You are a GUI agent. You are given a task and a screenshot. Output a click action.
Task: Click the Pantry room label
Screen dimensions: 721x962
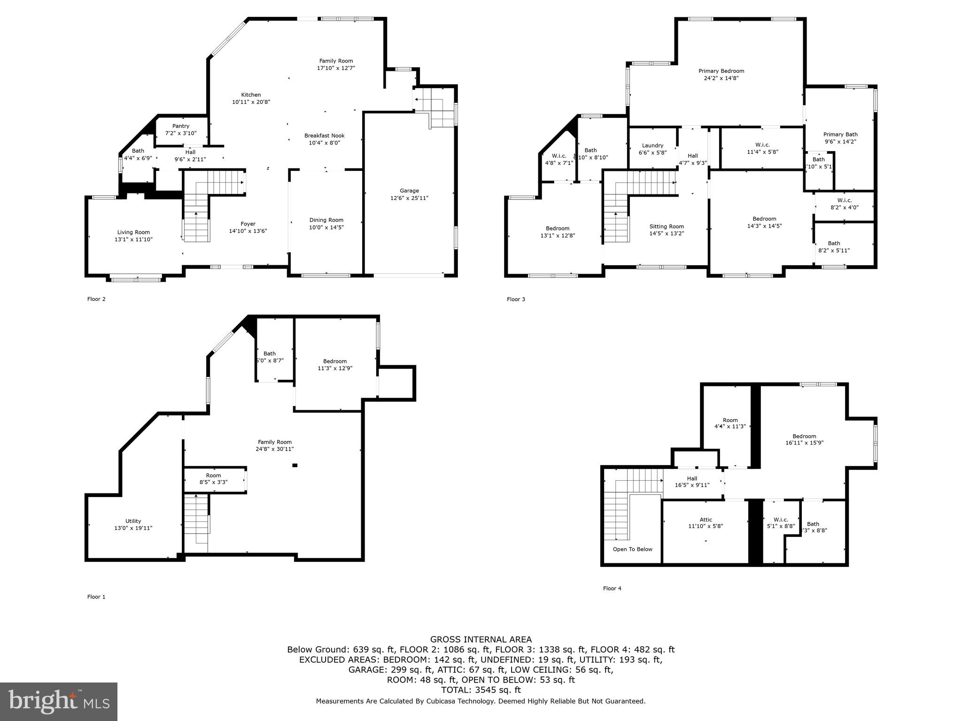tap(181, 126)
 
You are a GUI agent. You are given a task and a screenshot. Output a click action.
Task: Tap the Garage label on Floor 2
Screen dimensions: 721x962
tap(409, 191)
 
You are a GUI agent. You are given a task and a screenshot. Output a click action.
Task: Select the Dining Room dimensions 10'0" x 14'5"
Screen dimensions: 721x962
tap(326, 227)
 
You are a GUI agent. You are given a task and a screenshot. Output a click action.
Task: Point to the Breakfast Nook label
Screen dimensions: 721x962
tap(324, 135)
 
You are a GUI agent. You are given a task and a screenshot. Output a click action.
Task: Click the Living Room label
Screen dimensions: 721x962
tap(133, 232)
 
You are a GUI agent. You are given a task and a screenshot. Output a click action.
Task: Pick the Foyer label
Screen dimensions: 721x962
tap(248, 224)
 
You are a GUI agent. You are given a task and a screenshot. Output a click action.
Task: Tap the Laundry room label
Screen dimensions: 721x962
tap(652, 146)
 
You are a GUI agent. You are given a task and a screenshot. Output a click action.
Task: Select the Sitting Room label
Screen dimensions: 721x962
tap(667, 226)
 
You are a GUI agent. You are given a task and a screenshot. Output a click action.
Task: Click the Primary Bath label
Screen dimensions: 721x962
tap(840, 134)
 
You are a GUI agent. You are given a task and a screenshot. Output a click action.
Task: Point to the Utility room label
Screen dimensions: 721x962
tap(133, 521)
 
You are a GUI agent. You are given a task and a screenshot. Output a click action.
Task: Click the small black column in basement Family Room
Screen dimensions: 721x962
tap(295, 465)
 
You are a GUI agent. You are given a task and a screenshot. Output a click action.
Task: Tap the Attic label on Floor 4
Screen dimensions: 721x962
tap(706, 519)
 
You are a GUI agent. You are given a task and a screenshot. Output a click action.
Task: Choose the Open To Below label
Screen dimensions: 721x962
tap(632, 549)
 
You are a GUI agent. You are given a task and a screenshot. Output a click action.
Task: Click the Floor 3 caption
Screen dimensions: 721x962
tap(516, 299)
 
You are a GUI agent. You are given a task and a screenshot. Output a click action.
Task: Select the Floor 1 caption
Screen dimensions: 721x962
tap(96, 597)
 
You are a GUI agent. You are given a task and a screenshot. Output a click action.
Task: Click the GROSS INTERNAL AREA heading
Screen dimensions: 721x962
tap(481, 639)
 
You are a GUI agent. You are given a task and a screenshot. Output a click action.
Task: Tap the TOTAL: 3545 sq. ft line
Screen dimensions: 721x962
tap(481, 690)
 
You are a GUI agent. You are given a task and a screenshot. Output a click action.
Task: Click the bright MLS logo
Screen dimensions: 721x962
tap(59, 701)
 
